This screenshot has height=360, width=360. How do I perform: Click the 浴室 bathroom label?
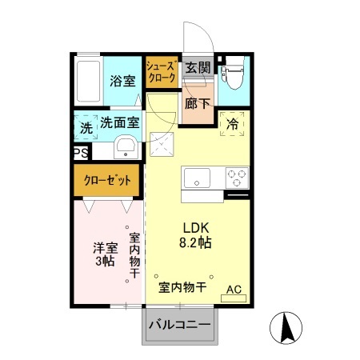(122, 81)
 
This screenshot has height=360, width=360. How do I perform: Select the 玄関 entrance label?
(198, 69)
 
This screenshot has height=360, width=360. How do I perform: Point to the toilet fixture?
(234, 78)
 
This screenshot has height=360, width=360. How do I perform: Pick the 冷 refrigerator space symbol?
(233, 124)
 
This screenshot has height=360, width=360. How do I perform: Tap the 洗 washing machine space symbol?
(86, 126)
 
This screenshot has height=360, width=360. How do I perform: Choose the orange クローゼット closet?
(107, 180)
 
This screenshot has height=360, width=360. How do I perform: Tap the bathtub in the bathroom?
(89, 81)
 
